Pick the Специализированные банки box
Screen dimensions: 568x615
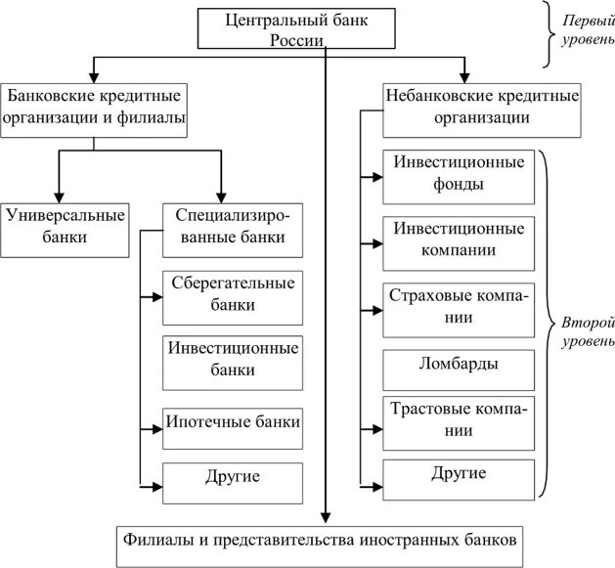point(231,224)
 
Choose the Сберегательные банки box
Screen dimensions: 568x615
point(232,293)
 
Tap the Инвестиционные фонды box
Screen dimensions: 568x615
point(459,172)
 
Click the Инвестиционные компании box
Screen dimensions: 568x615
point(459,238)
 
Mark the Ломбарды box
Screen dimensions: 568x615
point(459,365)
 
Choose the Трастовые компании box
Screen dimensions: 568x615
point(459,419)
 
